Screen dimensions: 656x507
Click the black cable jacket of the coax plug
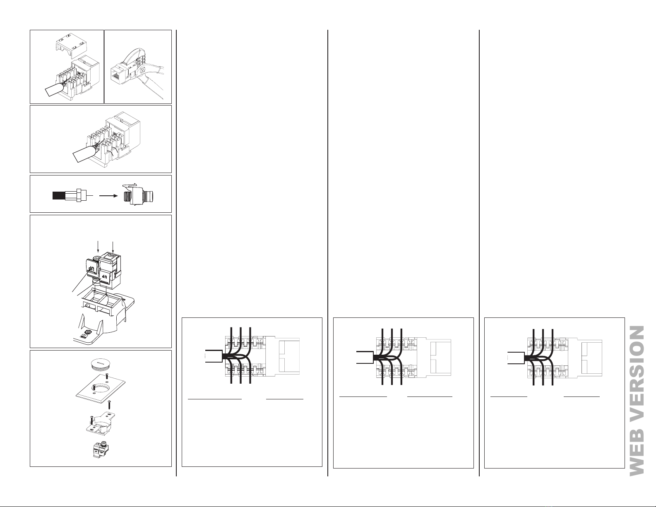tap(58, 195)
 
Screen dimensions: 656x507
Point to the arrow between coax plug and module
tap(108, 195)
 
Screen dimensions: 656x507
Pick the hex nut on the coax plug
tap(79, 195)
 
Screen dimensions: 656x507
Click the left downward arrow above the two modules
tap(98, 247)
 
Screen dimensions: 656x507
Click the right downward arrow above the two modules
tap(112, 247)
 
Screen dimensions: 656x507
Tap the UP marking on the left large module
tap(91, 267)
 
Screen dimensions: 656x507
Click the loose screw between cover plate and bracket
tap(110, 404)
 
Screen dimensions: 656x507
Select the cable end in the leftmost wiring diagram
tap(214, 356)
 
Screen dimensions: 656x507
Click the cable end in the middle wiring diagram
tap(365, 357)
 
